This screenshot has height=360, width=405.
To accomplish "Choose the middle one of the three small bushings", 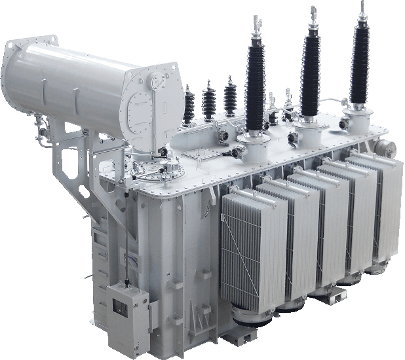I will [x=209, y=99].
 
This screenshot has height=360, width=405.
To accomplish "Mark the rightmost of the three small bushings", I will [x=230, y=95].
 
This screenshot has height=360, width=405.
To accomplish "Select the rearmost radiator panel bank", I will [x=377, y=203].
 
